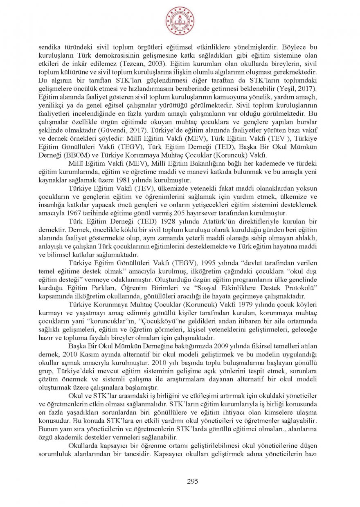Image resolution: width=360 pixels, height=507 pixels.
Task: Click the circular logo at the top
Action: tap(180, 21)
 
